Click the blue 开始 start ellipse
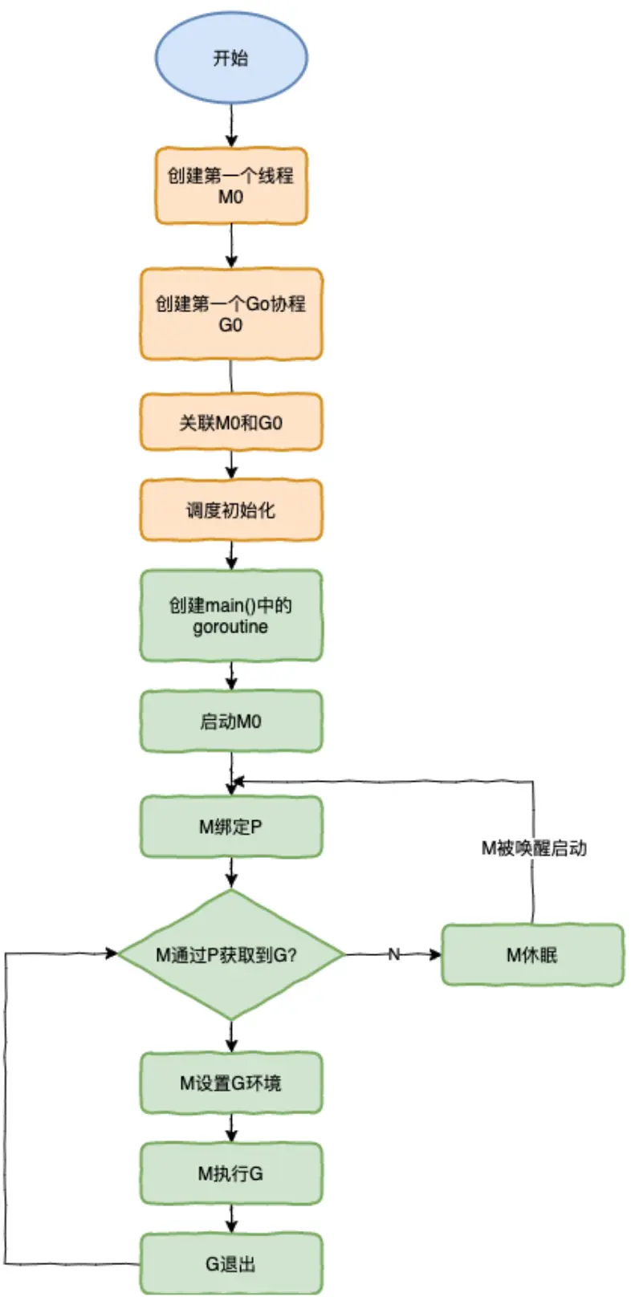(231, 58)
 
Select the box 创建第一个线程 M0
(231, 186)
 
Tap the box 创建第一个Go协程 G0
(231, 314)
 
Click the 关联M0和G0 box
(231, 422)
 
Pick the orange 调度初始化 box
(231, 510)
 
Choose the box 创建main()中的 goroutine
(231, 616)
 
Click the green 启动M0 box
(231, 722)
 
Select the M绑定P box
(231, 827)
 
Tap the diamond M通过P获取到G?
(231, 955)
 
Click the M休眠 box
(532, 955)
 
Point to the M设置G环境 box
(231, 1083)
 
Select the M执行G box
(231, 1173)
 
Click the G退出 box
(231, 1263)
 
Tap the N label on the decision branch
(394, 954)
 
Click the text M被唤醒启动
(534, 848)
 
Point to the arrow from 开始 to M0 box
(232, 126)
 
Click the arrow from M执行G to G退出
(232, 1219)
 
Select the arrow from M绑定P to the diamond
(232, 873)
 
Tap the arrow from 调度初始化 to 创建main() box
(232, 556)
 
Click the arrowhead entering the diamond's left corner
(111, 953)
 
